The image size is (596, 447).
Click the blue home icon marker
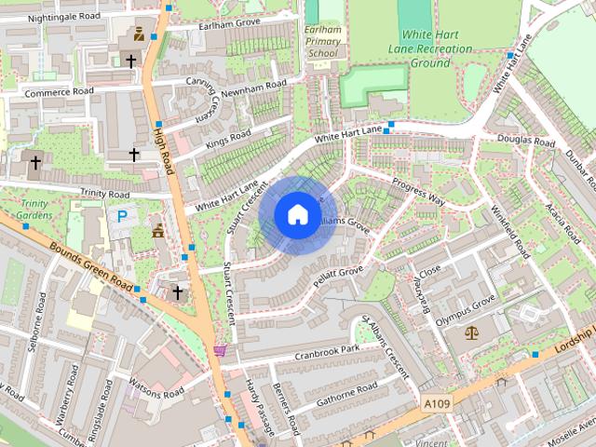[x=297, y=214]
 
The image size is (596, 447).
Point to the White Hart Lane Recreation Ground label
[x=430, y=48]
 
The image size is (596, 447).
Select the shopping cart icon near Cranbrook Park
[x=221, y=350]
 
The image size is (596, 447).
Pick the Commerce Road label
[x=60, y=92]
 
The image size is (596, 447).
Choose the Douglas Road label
[x=527, y=142]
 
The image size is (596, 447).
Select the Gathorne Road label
[x=346, y=394]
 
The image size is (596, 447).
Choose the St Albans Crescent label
[x=385, y=345]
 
